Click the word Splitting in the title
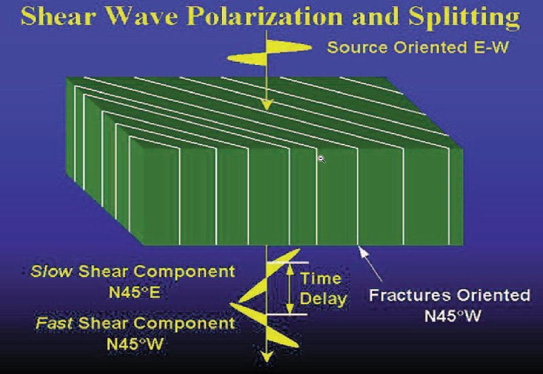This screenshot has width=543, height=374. coord(464,18)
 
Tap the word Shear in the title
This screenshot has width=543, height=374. coord(58,16)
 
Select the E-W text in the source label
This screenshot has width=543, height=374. coord(491,47)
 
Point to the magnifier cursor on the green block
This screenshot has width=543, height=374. coord(322,159)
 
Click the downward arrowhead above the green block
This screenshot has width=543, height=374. coord(266,105)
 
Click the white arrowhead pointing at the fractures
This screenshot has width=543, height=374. coord(363,251)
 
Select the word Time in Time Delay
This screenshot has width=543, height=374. coord(320,278)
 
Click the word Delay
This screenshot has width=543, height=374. coord(323,299)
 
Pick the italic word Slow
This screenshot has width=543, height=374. coord(52,271)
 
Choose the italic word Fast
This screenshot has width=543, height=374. coord(54,323)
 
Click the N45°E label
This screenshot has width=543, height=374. coord(134,292)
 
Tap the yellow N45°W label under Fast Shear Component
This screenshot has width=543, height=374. coord(134,344)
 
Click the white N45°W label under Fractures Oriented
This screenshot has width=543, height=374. coord(453,316)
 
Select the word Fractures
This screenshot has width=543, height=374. coord(410,295)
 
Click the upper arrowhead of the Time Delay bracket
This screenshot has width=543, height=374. coord(290,269)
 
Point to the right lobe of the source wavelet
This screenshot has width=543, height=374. coord(289,47)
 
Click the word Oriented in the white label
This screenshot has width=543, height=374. coord(493,295)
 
